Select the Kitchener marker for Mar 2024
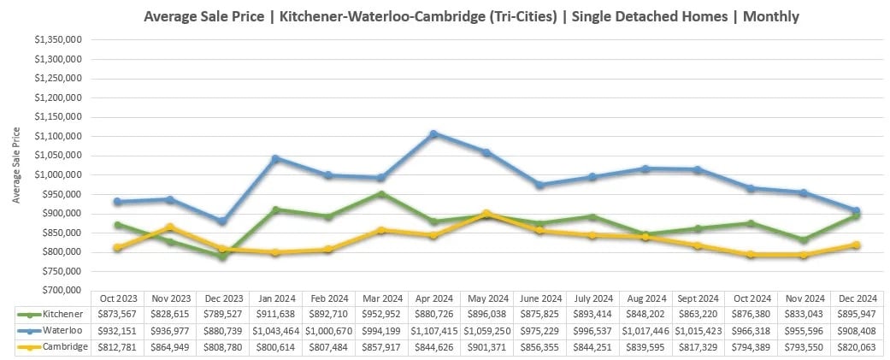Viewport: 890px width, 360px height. tap(382, 194)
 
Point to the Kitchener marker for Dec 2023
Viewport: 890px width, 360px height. tap(223, 256)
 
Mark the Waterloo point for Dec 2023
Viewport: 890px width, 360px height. tap(223, 221)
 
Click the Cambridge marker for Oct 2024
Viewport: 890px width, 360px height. tap(751, 254)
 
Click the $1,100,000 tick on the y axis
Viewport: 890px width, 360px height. tap(56, 137)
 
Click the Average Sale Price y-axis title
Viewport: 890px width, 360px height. tap(17, 165)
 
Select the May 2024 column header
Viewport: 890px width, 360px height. tap(487, 298)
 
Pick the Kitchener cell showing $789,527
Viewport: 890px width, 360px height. tap(222, 314)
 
